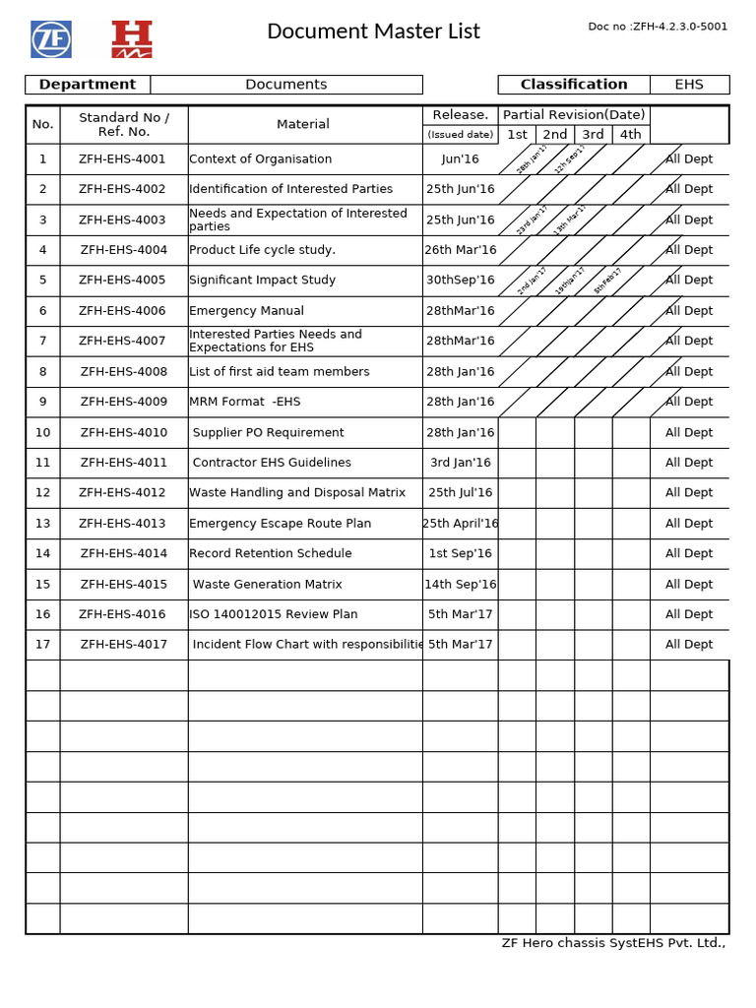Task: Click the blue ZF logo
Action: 51,39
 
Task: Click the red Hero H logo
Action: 132,39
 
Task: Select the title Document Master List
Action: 373,31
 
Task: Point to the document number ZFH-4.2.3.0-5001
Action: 658,27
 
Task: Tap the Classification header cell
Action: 573,85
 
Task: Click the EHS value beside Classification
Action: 689,85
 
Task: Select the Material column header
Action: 303,124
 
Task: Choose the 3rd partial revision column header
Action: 593,135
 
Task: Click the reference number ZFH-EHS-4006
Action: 123,311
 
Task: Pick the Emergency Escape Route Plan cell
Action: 281,524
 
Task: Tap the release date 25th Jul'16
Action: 460,493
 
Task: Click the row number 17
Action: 42,645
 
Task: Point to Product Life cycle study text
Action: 262,250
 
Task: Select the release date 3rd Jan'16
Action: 460,463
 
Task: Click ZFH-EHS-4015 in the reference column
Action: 123,585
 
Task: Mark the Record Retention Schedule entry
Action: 271,554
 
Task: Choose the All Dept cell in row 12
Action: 689,493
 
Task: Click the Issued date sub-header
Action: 460,135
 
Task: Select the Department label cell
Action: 88,85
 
